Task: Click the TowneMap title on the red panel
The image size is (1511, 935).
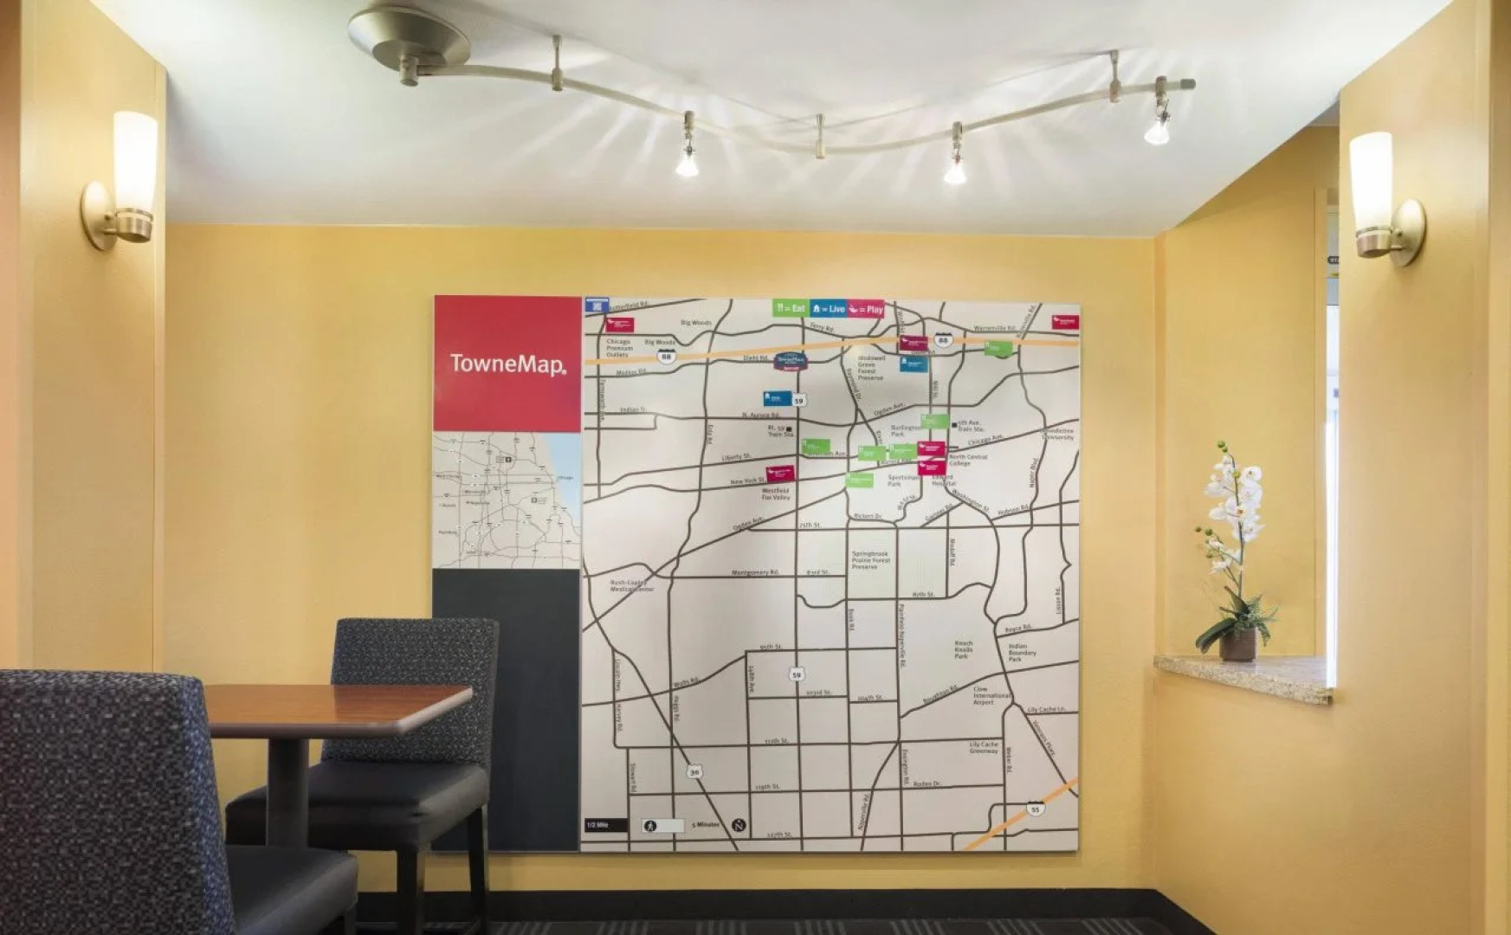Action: [x=507, y=364]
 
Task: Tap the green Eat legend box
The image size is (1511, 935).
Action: [x=791, y=308]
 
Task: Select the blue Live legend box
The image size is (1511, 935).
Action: [x=829, y=308]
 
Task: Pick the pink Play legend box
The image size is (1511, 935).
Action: [x=866, y=309]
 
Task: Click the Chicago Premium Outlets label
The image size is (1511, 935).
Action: [x=618, y=348]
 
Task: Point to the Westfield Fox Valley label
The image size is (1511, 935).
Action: [x=776, y=494]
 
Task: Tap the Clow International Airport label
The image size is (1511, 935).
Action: [x=991, y=695]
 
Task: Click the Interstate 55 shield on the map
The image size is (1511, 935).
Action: [x=1035, y=809]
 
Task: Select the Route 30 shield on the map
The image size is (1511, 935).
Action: [x=694, y=771]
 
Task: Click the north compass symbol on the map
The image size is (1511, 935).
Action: [x=739, y=825]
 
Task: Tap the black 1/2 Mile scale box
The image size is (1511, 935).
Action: [x=604, y=825]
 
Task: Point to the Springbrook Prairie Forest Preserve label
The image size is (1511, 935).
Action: [x=869, y=560]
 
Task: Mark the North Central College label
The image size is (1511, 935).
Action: [x=968, y=460]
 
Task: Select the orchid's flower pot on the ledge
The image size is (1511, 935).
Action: [x=1237, y=645]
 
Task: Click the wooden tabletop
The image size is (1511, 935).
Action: [x=338, y=706]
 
